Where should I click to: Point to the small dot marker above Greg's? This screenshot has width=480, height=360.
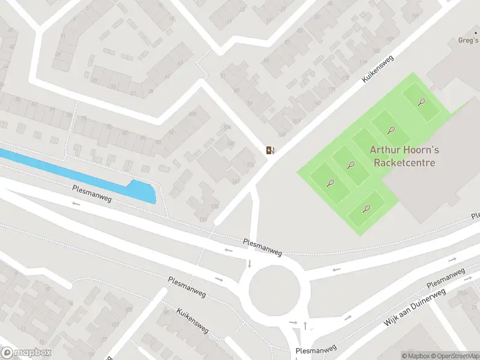[x=475, y=33]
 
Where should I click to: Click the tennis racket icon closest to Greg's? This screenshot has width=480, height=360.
[x=422, y=101]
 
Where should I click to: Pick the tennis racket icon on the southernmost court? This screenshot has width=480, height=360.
[x=367, y=209]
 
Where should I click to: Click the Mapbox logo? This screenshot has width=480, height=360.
[x=26, y=353]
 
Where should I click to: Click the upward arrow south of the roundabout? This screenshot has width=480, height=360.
[x=305, y=325]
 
